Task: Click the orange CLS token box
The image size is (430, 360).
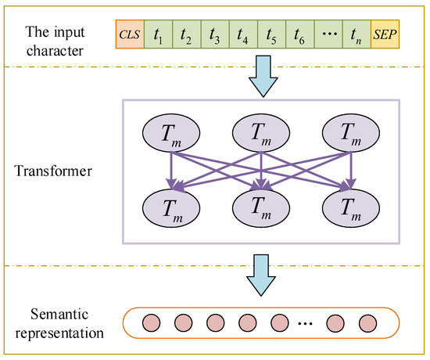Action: [x=128, y=34]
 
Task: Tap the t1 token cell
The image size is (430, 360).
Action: [x=157, y=34]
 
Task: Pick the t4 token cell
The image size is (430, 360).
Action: [x=242, y=34]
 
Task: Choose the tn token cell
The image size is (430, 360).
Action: [x=355, y=34]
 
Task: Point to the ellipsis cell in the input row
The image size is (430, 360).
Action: [x=327, y=34]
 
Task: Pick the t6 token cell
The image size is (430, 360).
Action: [x=298, y=34]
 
